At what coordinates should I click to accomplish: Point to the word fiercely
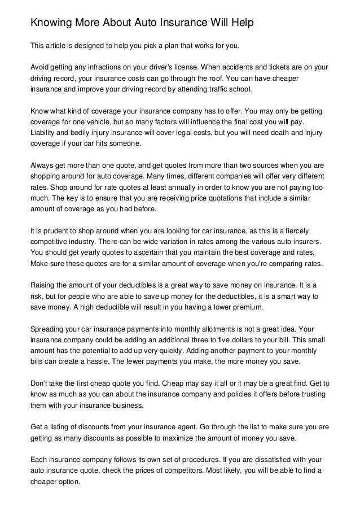[305, 232]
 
